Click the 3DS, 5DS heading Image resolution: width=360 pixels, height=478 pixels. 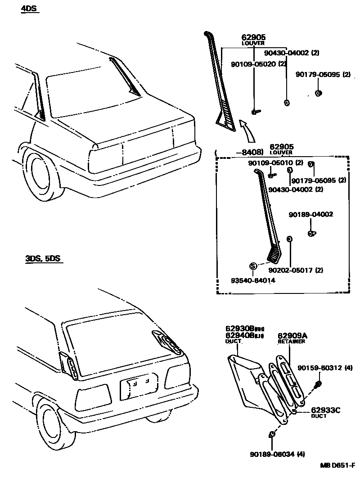43,259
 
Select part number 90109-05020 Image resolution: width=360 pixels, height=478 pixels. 253,64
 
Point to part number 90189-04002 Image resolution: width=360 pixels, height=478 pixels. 311,215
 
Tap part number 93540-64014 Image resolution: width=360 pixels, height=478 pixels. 253,280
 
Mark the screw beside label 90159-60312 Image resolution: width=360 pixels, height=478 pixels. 318,383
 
